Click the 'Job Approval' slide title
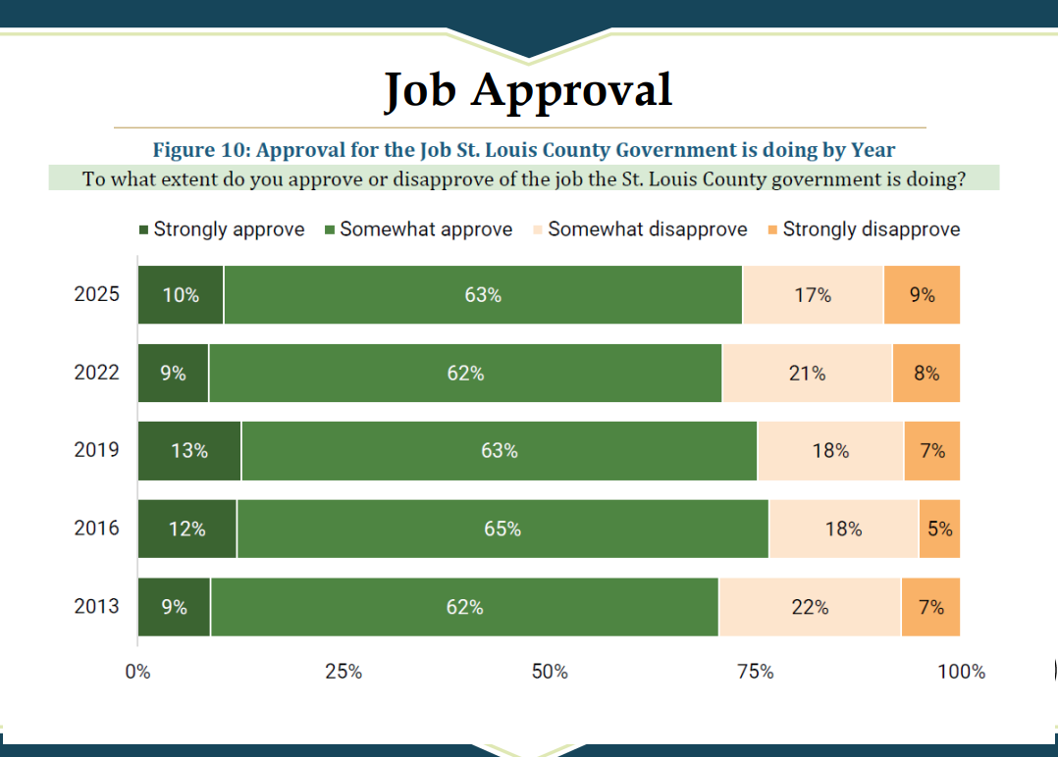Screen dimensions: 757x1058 tap(528, 89)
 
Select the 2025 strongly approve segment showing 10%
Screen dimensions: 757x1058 tap(181, 294)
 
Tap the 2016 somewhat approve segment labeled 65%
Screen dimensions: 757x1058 tap(502, 529)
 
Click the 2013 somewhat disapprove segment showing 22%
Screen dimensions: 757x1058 tap(810, 607)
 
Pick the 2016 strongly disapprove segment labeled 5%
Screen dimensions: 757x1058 tap(939, 529)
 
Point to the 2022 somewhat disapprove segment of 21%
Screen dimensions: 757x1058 tap(807, 373)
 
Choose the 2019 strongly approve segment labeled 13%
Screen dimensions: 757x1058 tap(189, 451)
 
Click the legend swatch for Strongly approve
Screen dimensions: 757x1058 tap(143, 230)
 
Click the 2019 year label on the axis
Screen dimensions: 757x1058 tap(96, 450)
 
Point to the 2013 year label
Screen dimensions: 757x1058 tap(96, 606)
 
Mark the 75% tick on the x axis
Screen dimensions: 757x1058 tap(755, 672)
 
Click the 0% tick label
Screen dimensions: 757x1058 tap(137, 672)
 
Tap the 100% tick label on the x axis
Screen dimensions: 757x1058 tap(961, 672)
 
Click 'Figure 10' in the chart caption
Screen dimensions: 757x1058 tap(195, 150)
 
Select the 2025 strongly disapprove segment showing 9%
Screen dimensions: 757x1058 tap(922, 294)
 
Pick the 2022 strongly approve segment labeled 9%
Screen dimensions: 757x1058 tap(173, 373)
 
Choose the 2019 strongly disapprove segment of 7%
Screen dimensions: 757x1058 tap(932, 451)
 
